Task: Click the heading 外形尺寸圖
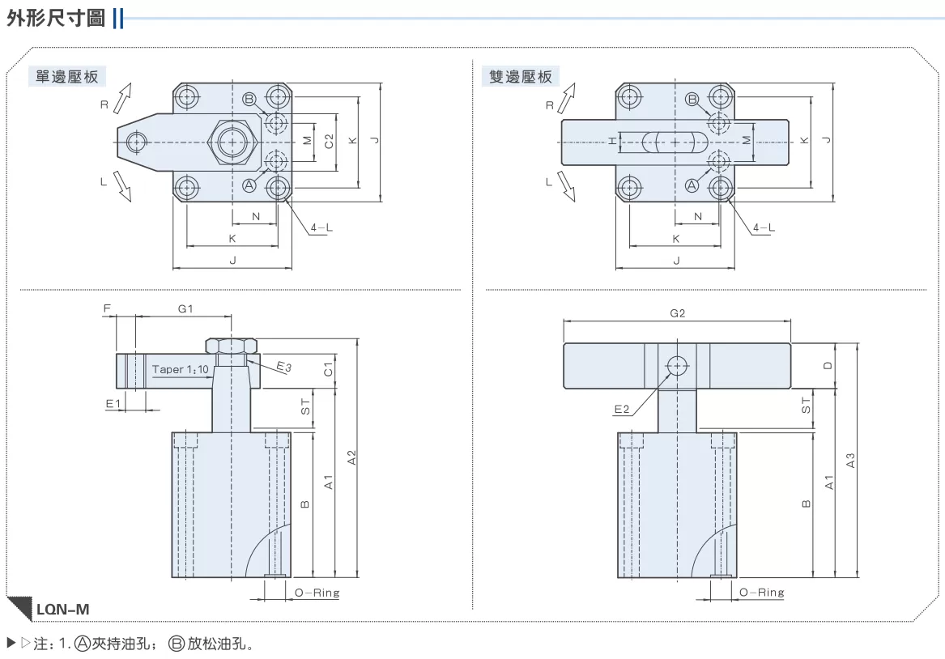coord(56,18)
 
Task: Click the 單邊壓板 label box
coord(67,76)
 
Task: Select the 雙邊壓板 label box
coord(521,76)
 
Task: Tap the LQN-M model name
coord(62,609)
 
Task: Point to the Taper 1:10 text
coord(181,369)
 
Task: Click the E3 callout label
coord(284,366)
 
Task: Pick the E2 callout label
coord(621,410)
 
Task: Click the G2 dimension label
coord(678,313)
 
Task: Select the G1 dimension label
coord(185,308)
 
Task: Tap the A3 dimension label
coord(850,461)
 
